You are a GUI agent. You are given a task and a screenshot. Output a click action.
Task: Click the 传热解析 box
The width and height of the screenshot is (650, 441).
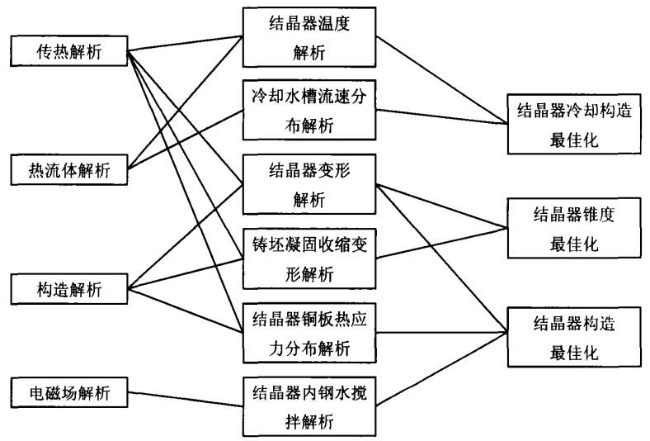point(68,51)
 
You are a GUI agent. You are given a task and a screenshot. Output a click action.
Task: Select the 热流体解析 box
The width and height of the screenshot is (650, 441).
point(68,169)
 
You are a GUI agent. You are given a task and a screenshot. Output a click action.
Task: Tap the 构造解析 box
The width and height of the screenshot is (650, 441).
point(68,289)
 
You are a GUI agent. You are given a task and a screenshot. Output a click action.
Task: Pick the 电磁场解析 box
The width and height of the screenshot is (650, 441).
point(68,392)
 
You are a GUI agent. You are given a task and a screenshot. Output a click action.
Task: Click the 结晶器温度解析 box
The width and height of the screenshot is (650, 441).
point(309,37)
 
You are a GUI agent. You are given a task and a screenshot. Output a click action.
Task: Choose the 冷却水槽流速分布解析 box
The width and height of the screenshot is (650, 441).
point(309,110)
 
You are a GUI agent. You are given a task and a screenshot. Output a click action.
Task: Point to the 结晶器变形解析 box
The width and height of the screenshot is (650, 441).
point(309,185)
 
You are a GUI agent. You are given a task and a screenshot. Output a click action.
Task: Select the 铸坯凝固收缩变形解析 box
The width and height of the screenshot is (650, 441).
point(309,258)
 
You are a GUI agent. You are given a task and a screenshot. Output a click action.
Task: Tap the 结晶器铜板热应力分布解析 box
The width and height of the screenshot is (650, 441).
point(309,333)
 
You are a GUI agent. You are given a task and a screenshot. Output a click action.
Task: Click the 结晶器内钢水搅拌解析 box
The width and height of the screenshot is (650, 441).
point(309,406)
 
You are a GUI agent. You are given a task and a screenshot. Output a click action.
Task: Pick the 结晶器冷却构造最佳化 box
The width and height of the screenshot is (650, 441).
point(574,124)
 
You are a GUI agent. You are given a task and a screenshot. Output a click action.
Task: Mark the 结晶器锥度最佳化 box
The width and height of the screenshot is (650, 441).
point(574,228)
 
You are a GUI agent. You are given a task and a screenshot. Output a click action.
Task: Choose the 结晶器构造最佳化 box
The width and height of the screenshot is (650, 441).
point(574,337)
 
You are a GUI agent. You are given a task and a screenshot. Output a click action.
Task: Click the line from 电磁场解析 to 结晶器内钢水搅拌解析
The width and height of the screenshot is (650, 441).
point(186,399)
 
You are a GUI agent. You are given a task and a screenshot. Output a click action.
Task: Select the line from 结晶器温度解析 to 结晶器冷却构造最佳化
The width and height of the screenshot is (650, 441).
point(442,80)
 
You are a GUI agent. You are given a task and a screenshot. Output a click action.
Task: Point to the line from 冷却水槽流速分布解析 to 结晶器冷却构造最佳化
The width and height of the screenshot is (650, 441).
point(442,116)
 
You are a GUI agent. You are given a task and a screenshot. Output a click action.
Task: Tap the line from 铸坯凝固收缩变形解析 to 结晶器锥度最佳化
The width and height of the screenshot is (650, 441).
point(442,243)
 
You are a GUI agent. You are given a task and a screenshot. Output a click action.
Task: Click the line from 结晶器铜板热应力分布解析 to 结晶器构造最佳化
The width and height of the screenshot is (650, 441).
point(442,332)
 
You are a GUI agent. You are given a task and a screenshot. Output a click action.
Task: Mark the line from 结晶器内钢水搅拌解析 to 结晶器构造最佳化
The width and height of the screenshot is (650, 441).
point(442,369)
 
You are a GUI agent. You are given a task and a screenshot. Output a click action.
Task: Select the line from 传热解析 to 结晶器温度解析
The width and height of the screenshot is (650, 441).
point(186,44)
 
